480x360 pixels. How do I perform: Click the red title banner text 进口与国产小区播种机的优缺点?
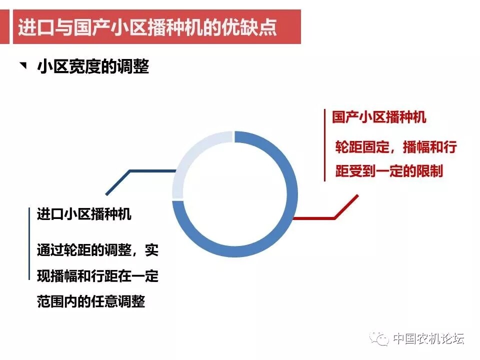pyautogui.click(x=147, y=27)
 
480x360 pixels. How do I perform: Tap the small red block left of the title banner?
pyautogui.click(x=4, y=26)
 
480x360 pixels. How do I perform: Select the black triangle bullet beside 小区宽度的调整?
pyautogui.click(x=23, y=65)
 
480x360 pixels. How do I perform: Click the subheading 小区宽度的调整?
pyautogui.click(x=93, y=66)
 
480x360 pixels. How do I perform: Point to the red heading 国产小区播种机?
pyautogui.click(x=379, y=117)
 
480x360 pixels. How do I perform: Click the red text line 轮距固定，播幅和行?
pyautogui.click(x=396, y=147)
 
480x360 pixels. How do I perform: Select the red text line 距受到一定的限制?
pyautogui.click(x=389, y=171)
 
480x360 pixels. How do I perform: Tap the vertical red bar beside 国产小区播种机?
pyautogui.click(x=324, y=145)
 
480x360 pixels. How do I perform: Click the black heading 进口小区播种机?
pyautogui.click(x=84, y=213)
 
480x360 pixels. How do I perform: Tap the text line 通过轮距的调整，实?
pyautogui.click(x=97, y=250)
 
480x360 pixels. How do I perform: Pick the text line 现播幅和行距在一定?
pyautogui.click(x=97, y=275)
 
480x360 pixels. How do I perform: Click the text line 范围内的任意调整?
pyautogui.click(x=91, y=301)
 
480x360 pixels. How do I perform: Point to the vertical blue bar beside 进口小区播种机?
pyautogui.click(x=29, y=243)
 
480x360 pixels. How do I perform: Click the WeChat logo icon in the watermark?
pyautogui.click(x=379, y=338)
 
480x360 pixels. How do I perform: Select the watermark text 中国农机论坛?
pyautogui.click(x=428, y=338)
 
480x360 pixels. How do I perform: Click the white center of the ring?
pyautogui.click(x=235, y=194)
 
